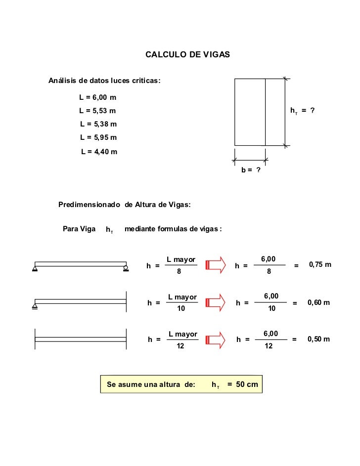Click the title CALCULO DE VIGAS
click(x=187, y=53)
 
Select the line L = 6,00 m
click(x=98, y=97)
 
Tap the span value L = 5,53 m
click(x=98, y=110)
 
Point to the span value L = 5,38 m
click(x=98, y=124)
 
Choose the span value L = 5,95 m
click(x=98, y=137)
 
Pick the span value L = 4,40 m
click(x=99, y=151)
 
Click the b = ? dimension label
click(x=251, y=170)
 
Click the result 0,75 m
click(x=320, y=265)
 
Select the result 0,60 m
click(x=318, y=302)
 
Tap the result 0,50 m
click(x=318, y=339)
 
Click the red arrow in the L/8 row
click(x=215, y=265)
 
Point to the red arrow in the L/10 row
click(x=215, y=302)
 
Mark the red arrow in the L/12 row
click(x=215, y=339)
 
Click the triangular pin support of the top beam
click(x=35, y=269)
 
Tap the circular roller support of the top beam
click(x=126, y=269)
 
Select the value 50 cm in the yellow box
click(x=247, y=384)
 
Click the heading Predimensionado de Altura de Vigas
click(x=125, y=204)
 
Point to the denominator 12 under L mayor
click(x=181, y=346)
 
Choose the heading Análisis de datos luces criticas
click(x=104, y=81)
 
